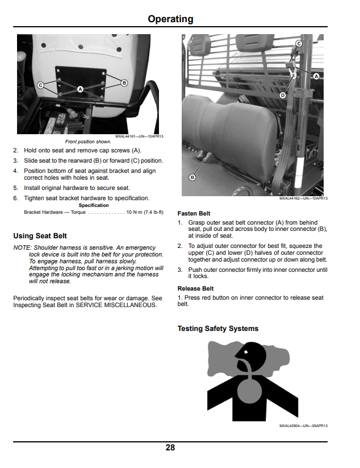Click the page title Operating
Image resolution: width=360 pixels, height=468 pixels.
click(170, 19)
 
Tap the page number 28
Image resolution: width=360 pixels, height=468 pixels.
click(170, 448)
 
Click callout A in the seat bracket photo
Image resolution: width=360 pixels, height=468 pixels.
click(80, 89)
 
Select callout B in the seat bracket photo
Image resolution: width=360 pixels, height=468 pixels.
click(124, 83)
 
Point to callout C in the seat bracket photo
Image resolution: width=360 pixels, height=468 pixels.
click(40, 85)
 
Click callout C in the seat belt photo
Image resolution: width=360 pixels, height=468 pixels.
click(299, 44)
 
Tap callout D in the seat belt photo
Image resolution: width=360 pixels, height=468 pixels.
click(283, 95)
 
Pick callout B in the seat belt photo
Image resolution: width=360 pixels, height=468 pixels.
click(192, 177)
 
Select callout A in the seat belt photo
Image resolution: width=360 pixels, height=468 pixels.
click(316, 76)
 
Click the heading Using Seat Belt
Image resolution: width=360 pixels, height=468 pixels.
click(40, 236)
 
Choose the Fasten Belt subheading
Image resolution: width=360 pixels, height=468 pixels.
click(194, 213)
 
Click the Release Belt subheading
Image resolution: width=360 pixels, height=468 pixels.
click(195, 289)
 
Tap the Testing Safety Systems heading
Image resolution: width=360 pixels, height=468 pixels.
click(218, 328)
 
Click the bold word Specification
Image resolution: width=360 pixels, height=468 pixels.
click(94, 205)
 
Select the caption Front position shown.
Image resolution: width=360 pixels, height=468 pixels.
click(88, 142)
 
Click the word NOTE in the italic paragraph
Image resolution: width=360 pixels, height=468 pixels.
click(22, 248)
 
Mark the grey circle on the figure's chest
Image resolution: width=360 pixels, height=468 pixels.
click(249, 391)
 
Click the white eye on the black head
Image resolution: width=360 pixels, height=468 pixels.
click(246, 352)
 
